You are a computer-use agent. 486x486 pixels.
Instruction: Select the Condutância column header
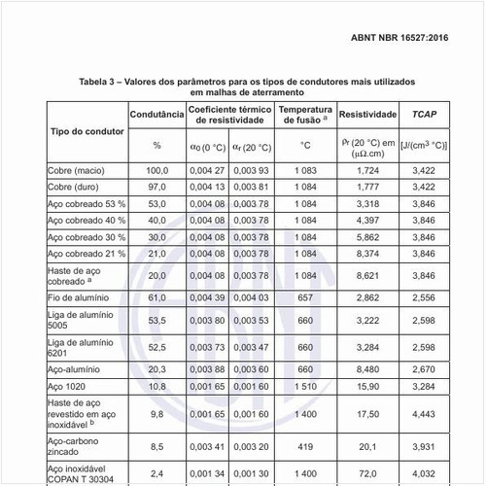point(156,114)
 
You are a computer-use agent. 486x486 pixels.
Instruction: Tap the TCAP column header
point(423,114)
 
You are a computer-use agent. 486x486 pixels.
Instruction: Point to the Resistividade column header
point(366,114)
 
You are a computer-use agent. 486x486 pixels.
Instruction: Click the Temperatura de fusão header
point(305,114)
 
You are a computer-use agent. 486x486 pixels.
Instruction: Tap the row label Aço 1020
point(69,386)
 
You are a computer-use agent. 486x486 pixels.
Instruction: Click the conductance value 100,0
point(156,170)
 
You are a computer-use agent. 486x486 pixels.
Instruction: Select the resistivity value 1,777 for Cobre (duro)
point(366,186)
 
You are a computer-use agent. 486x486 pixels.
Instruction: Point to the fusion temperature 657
point(305,295)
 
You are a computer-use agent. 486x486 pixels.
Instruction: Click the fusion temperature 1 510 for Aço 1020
point(305,386)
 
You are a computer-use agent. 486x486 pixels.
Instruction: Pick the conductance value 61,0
point(156,295)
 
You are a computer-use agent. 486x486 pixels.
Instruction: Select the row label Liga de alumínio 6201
point(76,346)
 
